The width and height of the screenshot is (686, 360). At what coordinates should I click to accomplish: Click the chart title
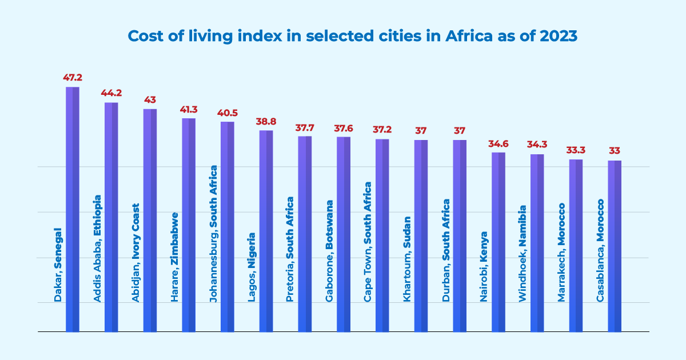(353, 36)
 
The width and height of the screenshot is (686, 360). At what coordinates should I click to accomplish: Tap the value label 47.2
(73, 77)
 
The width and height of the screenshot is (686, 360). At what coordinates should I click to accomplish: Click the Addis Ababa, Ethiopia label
(97, 249)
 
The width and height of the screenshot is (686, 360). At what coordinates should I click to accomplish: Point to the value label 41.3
(189, 108)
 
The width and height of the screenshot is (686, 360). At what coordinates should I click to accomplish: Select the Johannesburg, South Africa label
(214, 234)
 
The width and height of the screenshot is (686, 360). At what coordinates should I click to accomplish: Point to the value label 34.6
(498, 142)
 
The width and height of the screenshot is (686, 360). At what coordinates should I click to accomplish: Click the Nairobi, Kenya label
(485, 266)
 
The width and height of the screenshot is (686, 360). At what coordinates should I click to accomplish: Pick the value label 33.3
(576, 149)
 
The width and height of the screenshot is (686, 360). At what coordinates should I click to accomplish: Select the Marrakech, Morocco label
(562, 253)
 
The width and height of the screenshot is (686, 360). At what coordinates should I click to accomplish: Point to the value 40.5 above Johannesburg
(228, 112)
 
